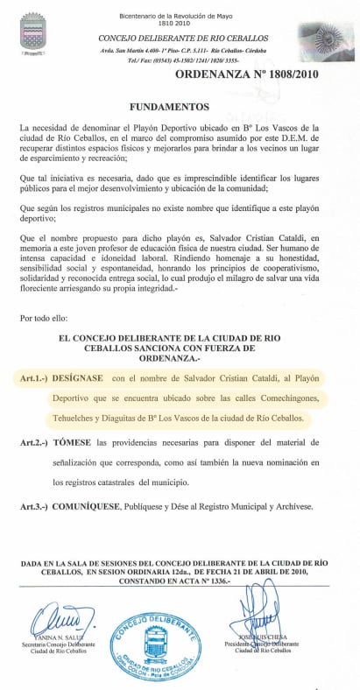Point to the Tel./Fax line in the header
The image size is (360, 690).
[170, 62]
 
